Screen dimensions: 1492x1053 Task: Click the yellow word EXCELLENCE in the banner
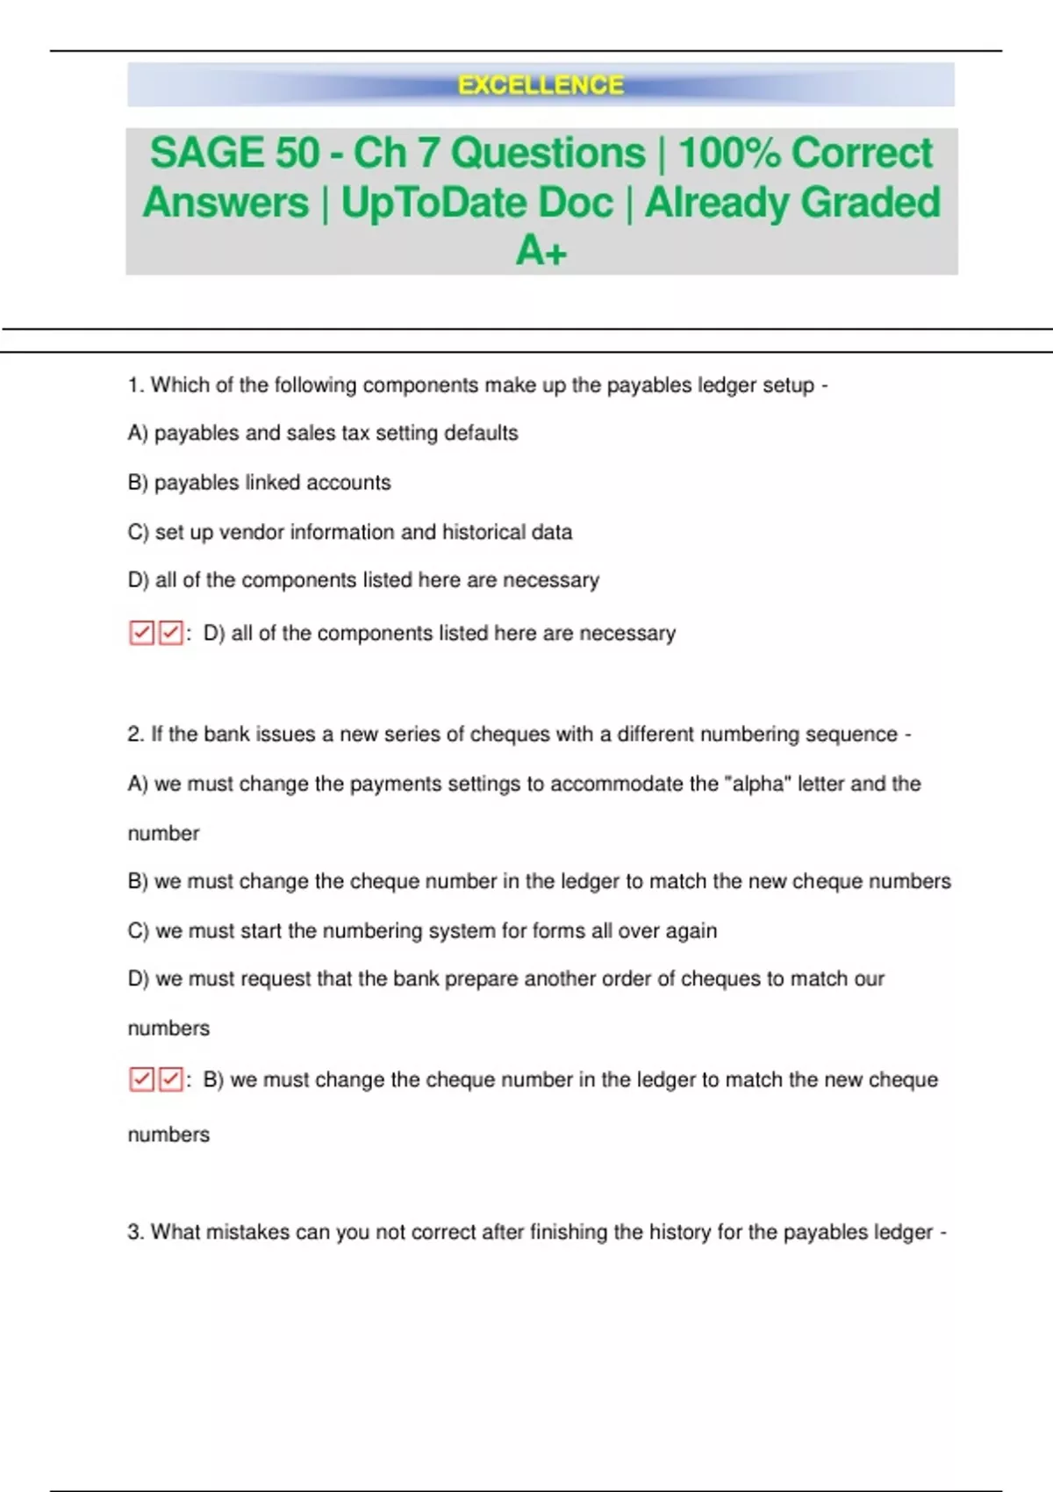click(x=541, y=85)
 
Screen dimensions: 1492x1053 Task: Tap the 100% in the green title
click(x=727, y=153)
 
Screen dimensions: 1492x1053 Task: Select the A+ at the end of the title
click(x=541, y=251)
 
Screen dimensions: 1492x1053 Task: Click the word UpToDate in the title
click(x=476, y=203)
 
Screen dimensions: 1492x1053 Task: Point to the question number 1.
click(x=135, y=385)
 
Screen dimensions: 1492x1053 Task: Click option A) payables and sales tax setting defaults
click(x=323, y=434)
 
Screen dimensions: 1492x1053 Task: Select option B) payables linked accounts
click(x=259, y=483)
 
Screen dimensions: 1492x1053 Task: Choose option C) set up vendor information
click(x=349, y=532)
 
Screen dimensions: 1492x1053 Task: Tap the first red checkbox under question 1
click(x=141, y=633)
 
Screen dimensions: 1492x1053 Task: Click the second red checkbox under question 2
click(x=171, y=1079)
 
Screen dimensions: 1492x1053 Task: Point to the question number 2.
click(x=135, y=735)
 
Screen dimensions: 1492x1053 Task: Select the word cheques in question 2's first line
click(x=503, y=735)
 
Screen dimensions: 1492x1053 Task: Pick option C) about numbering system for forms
click(x=422, y=930)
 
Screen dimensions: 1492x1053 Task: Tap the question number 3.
click(x=135, y=1232)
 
